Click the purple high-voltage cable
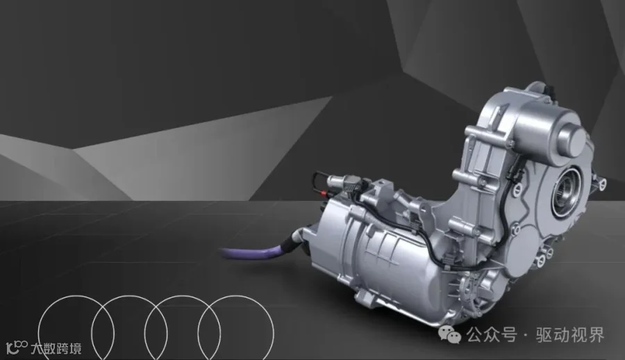point(255,254)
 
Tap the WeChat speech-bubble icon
point(449,334)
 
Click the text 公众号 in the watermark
point(492,335)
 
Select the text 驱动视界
point(570,335)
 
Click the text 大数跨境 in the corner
point(56,348)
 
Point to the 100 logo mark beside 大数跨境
point(17,347)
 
